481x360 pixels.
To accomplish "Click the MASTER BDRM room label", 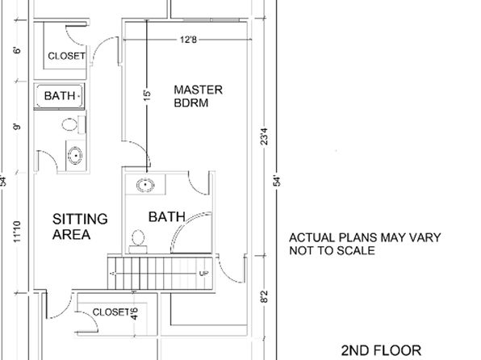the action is (x=199, y=96).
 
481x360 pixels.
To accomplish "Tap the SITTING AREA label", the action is (x=80, y=227).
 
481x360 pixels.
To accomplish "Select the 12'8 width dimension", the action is (x=188, y=40).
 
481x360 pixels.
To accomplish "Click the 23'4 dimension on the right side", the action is (x=264, y=136).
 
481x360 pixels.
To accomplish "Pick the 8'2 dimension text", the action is (x=264, y=297).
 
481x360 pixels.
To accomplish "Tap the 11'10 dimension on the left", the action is (x=17, y=232).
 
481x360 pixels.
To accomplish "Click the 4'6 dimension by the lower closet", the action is (x=134, y=314).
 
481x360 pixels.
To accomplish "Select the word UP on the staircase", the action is (x=204, y=274).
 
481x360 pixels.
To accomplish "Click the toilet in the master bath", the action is (x=138, y=241).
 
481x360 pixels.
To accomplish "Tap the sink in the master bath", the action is (x=145, y=185).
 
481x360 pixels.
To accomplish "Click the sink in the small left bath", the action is (x=75, y=156).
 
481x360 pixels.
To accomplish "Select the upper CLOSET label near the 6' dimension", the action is (x=66, y=57).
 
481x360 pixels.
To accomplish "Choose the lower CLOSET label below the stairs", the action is (x=111, y=312).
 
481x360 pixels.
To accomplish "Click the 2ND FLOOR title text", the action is (x=381, y=350).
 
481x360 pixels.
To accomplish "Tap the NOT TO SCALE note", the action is (x=332, y=251).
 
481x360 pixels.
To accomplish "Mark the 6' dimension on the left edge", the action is (x=17, y=50).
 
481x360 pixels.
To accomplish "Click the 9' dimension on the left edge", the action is (x=17, y=127).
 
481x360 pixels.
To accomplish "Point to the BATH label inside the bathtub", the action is (x=60, y=96).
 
